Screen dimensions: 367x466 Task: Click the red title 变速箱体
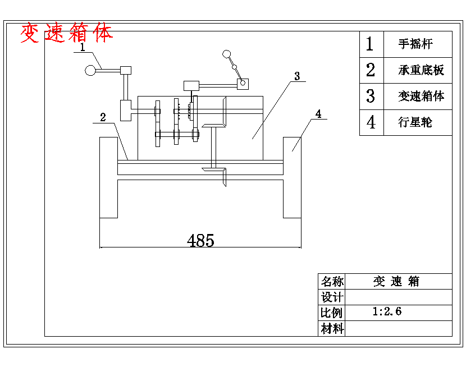(x=66, y=34)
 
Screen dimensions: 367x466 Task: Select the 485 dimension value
(x=200, y=241)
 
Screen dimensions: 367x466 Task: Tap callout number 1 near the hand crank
(x=83, y=48)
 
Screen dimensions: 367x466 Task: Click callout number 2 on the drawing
(x=103, y=117)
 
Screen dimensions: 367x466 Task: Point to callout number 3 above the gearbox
(x=297, y=75)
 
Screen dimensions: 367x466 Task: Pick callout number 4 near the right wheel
(x=318, y=114)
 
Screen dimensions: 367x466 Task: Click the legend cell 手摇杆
(x=416, y=44)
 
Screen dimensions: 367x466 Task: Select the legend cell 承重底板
(x=421, y=70)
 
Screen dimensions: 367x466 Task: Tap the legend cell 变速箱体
(x=421, y=96)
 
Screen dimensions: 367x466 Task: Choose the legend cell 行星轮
(x=415, y=122)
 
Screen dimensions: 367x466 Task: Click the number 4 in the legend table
(x=371, y=122)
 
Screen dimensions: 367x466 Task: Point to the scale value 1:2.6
(x=387, y=311)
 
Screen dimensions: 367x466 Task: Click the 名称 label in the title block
(x=332, y=281)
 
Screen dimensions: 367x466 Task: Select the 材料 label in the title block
(x=332, y=329)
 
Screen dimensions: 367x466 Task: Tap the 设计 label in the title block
(x=332, y=297)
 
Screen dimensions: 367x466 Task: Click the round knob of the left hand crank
(x=89, y=71)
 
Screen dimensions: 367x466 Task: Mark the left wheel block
(x=108, y=177)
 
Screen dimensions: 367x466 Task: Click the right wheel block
(x=292, y=177)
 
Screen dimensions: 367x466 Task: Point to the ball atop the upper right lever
(x=227, y=54)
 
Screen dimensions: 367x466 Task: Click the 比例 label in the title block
(x=332, y=313)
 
